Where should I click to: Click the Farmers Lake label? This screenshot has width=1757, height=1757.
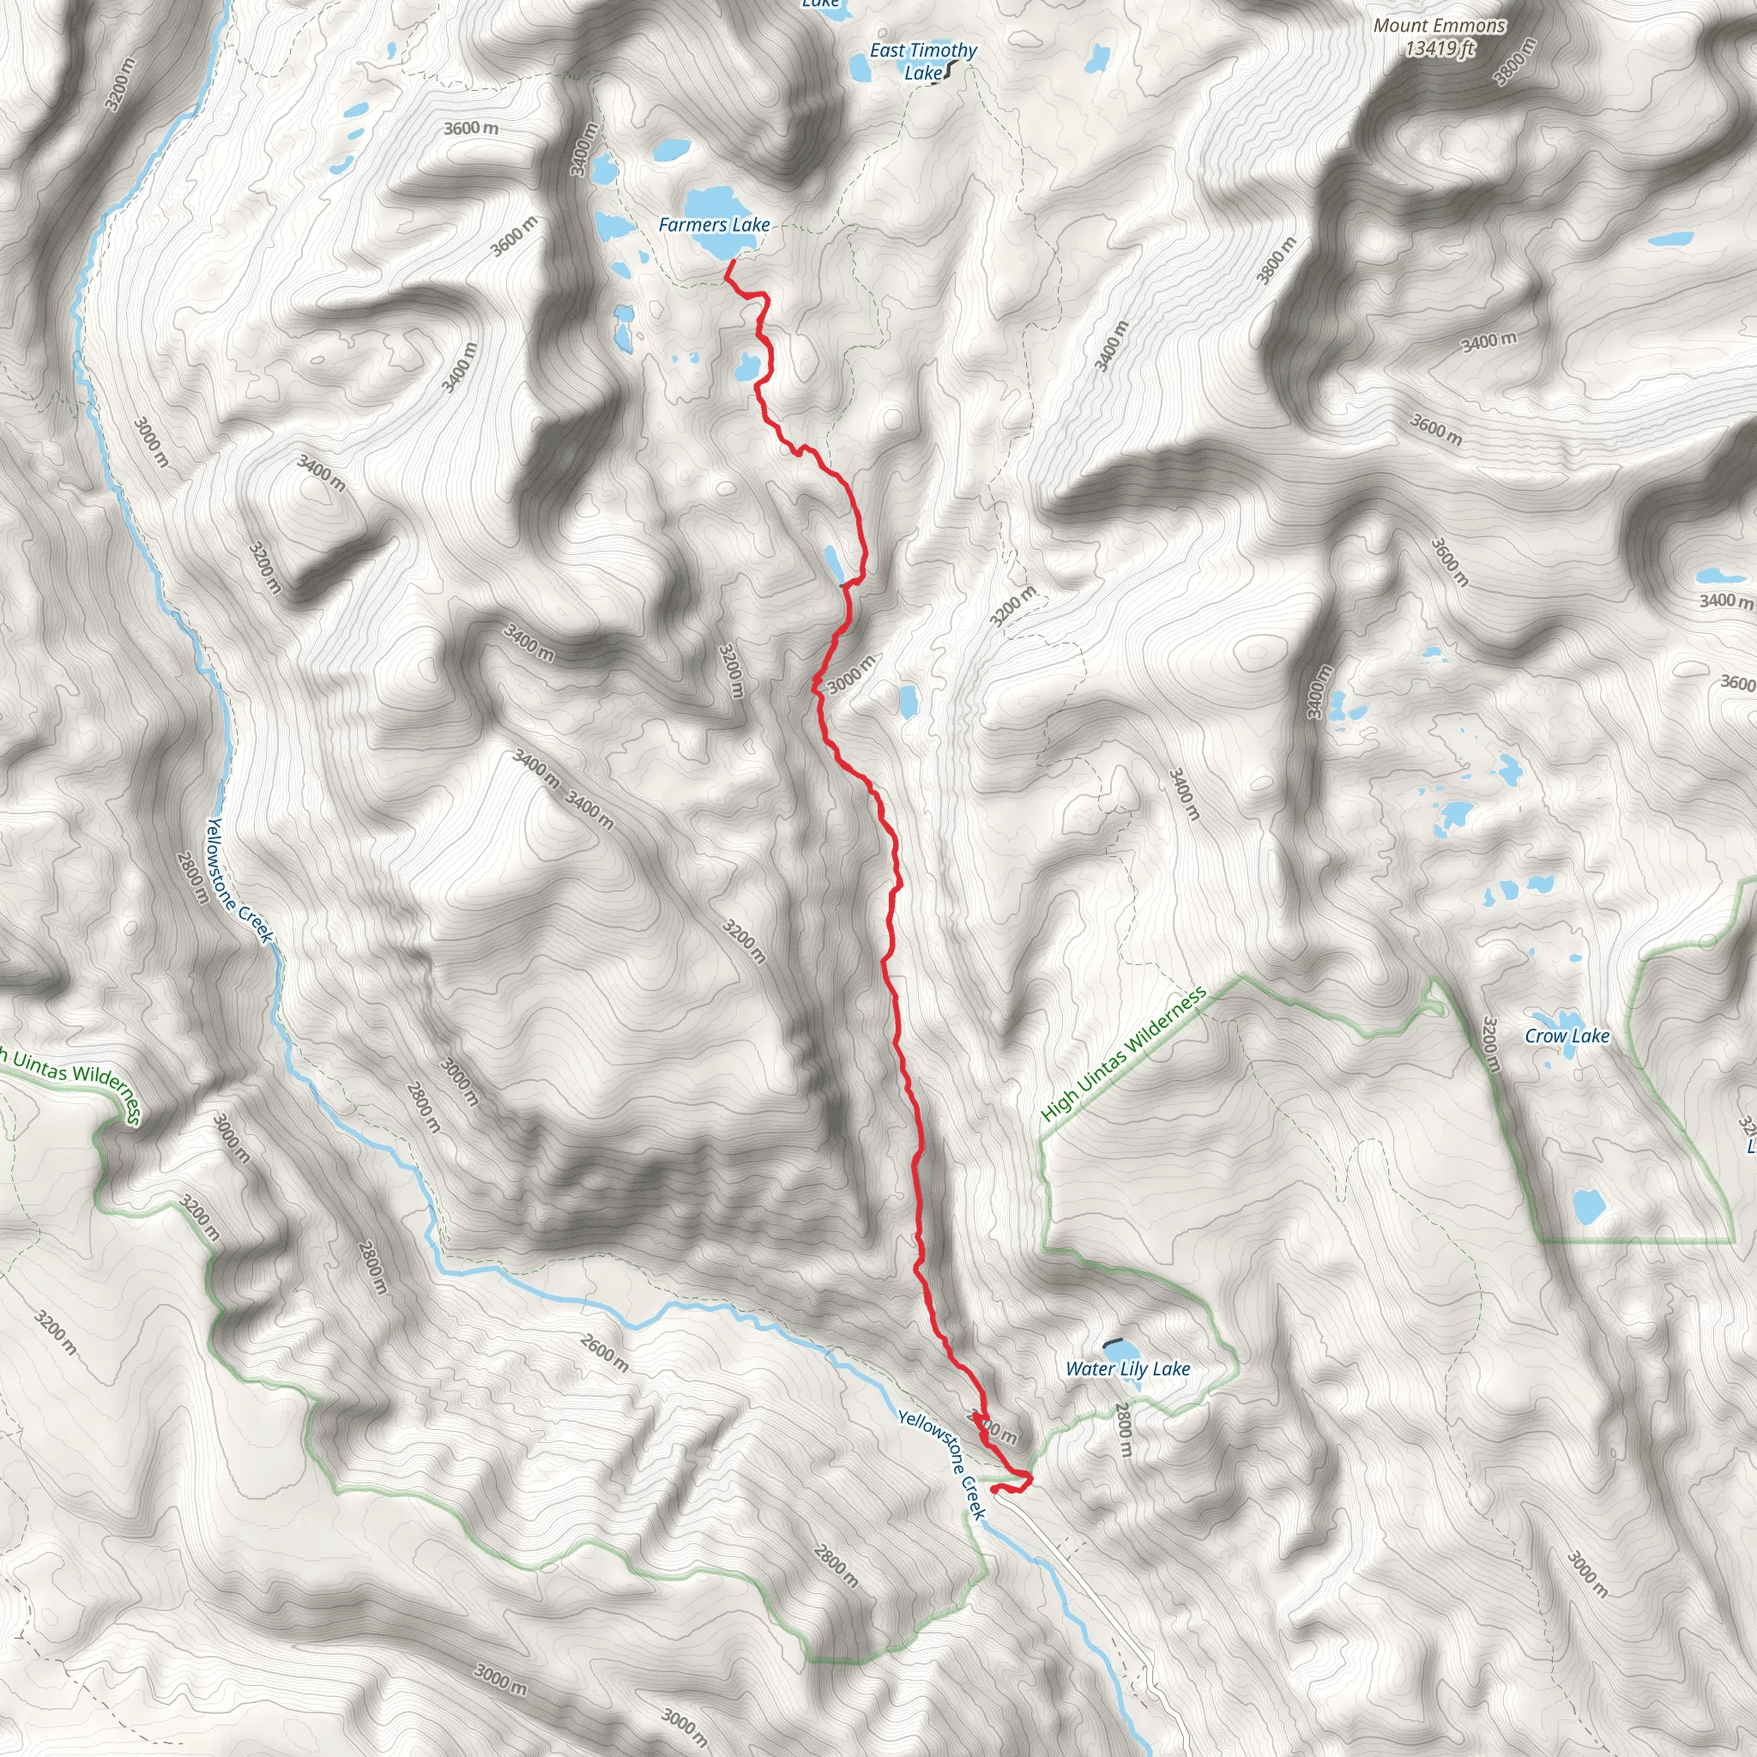click(714, 225)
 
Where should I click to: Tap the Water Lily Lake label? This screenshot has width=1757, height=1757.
click(1127, 1368)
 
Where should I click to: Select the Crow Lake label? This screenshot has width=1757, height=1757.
click(1567, 1035)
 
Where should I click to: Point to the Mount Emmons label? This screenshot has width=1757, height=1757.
click(1440, 26)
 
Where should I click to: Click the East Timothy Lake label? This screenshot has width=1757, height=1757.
click(923, 61)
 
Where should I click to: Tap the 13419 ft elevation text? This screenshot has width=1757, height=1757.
click(1440, 48)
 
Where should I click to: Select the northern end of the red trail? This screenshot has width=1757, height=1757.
click(733, 261)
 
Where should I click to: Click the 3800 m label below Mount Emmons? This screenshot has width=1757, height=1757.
click(1514, 62)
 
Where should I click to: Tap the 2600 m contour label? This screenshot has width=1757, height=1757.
click(604, 1352)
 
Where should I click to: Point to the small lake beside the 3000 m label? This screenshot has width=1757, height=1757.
click(908, 701)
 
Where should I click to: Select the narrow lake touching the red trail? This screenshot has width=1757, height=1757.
click(832, 563)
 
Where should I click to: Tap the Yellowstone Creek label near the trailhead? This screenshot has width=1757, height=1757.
click(942, 1464)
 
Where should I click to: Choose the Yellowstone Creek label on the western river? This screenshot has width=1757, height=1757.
click(238, 879)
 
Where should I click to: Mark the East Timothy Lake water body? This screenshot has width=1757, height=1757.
click(859, 65)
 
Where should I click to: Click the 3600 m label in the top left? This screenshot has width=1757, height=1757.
click(471, 128)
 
